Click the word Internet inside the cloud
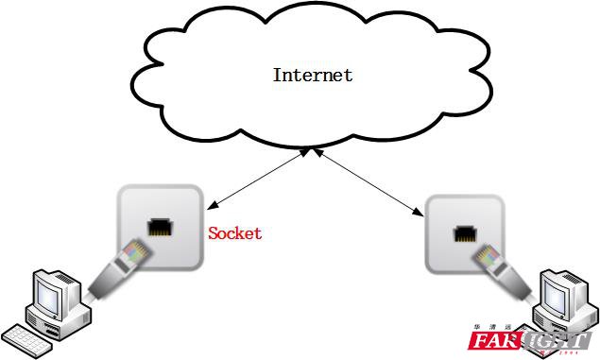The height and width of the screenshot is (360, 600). [x=313, y=75]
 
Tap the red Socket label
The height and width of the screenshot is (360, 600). [x=235, y=233]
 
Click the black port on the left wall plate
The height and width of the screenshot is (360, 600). [x=158, y=228]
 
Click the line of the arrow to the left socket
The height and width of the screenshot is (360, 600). [x=255, y=179]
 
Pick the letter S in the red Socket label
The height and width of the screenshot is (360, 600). [x=214, y=233]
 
